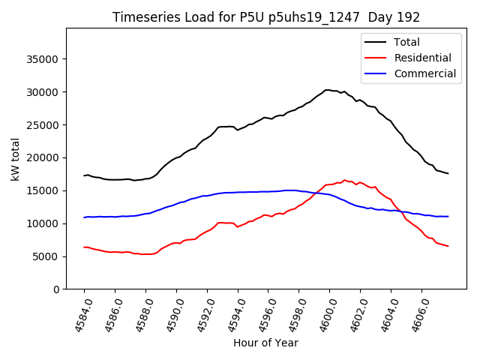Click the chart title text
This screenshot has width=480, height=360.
coord(266,17)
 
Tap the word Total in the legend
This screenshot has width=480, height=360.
coord(406,42)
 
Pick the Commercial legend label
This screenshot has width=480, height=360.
coord(424,73)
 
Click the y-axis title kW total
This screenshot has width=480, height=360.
coord(15,159)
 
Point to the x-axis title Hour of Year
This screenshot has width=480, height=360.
coord(265,343)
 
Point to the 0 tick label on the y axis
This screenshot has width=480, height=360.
coord(55,289)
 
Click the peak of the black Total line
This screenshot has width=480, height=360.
coord(328,90)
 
